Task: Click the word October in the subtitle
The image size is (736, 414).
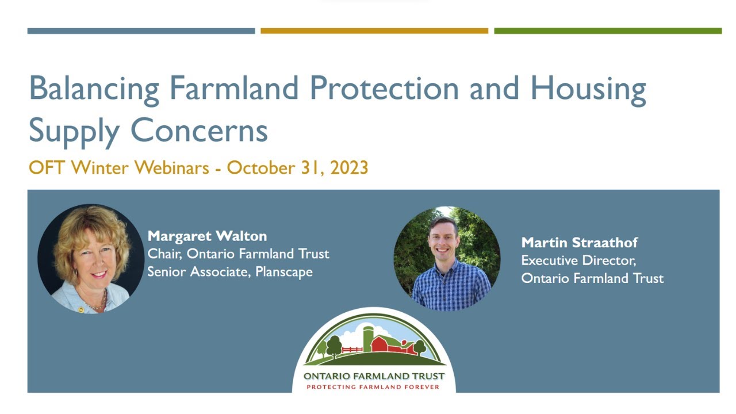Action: coord(260,168)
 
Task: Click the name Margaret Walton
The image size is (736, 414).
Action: coord(207,236)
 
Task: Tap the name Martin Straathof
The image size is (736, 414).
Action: coord(579,243)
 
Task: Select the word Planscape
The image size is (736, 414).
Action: coord(283,271)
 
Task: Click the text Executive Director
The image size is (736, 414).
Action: coord(578,260)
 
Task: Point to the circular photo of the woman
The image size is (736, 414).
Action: coord(91,259)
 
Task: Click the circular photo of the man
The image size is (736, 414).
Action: coord(447,259)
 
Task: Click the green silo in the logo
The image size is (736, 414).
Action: coord(367,338)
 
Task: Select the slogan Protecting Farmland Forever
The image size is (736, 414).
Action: coord(373,387)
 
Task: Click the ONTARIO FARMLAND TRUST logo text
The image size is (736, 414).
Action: coord(374,376)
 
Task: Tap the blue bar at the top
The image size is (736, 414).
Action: coord(141,31)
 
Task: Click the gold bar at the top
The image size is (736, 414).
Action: coord(374,31)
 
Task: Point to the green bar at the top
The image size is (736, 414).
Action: coord(608,31)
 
